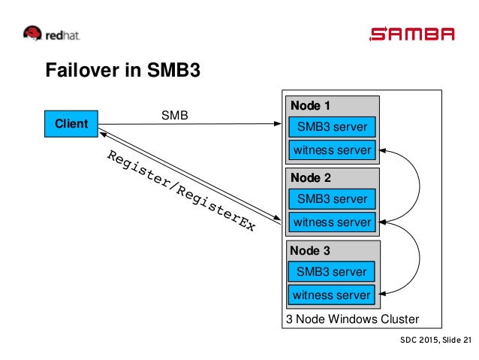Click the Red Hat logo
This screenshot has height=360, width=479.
[51, 33]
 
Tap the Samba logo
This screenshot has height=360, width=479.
[411, 34]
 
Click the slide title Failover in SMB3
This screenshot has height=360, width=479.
[123, 70]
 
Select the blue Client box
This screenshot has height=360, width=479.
[71, 123]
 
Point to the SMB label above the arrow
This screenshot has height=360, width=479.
[174, 115]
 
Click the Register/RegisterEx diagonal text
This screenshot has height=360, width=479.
[181, 190]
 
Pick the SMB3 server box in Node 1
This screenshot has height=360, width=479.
[332, 126]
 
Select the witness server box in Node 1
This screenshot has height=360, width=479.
[332, 150]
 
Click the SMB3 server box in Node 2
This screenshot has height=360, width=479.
[332, 199]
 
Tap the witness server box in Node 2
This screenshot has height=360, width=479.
[332, 222]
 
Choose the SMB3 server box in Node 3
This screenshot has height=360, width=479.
[331, 271]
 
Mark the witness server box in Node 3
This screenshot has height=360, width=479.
[331, 295]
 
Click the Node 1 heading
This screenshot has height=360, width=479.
[310, 105]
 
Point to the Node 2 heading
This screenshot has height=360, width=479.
[310, 177]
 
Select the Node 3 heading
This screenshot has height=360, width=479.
[310, 250]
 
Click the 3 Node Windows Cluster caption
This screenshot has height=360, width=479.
[353, 319]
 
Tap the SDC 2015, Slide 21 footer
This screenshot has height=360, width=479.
[436, 340]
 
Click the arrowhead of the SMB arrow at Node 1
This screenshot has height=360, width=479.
[277, 123]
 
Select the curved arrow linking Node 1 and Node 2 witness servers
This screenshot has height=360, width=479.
[420, 186]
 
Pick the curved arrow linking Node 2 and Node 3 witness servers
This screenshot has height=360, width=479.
[420, 258]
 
